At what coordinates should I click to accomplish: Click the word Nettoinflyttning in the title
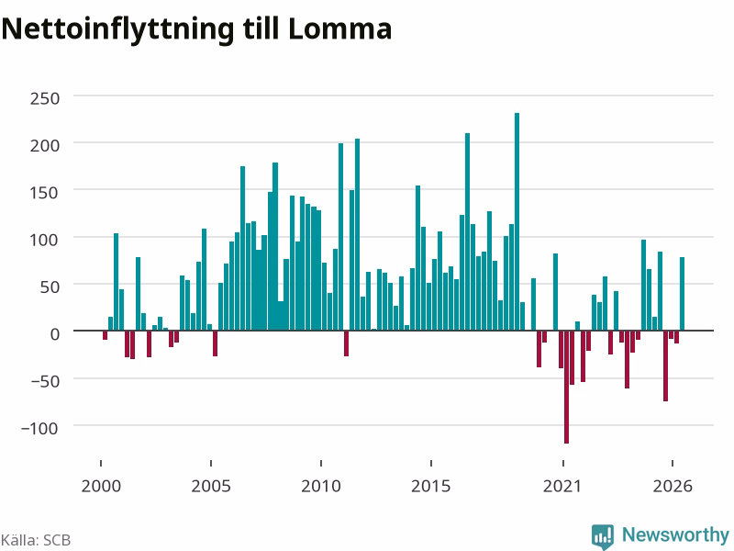click(117, 29)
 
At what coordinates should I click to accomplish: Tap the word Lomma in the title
click(339, 28)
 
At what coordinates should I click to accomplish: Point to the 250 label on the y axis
click(45, 98)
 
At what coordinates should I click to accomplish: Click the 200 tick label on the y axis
click(45, 145)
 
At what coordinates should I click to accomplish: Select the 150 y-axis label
click(45, 193)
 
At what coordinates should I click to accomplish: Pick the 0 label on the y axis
click(55, 333)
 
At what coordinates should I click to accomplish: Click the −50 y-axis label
click(45, 381)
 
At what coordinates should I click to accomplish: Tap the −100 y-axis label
click(40, 428)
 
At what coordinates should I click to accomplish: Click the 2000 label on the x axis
click(101, 486)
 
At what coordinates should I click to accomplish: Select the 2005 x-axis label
click(211, 486)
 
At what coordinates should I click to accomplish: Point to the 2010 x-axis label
click(320, 486)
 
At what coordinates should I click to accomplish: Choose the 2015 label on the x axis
click(430, 486)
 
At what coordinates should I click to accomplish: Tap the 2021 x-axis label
click(562, 486)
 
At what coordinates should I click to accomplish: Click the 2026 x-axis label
click(673, 486)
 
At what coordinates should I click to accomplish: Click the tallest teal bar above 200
click(517, 221)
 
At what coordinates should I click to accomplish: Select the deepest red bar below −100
click(566, 387)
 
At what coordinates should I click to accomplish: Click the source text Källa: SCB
click(36, 540)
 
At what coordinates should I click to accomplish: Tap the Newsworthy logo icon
click(603, 536)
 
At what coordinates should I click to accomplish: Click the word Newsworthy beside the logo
click(675, 534)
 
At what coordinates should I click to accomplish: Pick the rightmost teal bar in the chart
click(682, 294)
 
